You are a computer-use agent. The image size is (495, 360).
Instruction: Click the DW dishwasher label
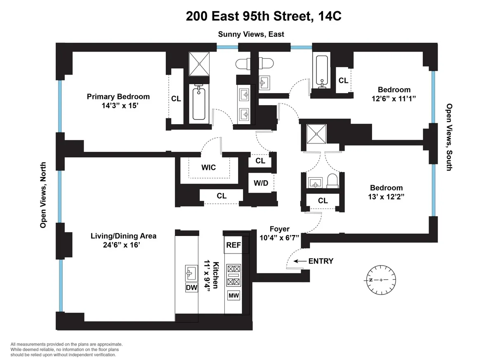(x=191, y=287)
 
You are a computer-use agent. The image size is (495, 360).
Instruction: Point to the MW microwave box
(x=233, y=296)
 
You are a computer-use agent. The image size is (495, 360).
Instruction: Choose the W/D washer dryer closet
(x=261, y=182)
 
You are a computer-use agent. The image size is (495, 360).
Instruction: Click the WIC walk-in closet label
(x=208, y=168)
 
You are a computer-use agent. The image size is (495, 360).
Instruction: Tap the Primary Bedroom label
(x=118, y=96)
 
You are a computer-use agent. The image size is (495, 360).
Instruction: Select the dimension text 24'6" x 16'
(x=123, y=245)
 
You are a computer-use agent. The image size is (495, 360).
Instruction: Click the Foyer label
(x=279, y=229)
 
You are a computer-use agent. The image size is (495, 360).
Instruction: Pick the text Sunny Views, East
(x=251, y=34)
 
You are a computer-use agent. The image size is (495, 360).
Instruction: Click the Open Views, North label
(x=43, y=195)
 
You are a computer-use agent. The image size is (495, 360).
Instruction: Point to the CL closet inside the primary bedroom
(x=176, y=99)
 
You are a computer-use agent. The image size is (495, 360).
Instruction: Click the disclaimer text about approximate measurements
(x=66, y=349)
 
